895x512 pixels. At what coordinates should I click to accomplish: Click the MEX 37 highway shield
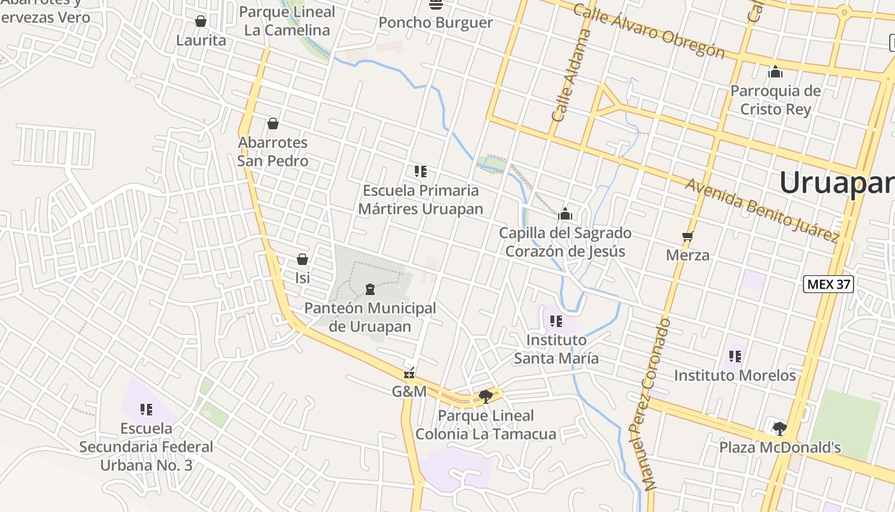829,284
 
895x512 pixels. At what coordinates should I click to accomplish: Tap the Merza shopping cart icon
688,237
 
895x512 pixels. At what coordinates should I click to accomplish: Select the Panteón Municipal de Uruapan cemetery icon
370,290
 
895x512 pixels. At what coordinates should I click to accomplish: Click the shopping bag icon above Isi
302,259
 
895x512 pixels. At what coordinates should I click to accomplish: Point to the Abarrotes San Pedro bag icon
273,124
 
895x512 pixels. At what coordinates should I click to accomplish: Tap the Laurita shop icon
201,22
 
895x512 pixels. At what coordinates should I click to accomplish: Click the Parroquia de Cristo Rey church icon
775,72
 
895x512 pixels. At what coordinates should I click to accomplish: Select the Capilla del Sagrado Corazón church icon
564,214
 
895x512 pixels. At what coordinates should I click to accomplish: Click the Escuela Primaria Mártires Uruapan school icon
420,171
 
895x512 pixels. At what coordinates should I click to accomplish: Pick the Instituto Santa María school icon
556,321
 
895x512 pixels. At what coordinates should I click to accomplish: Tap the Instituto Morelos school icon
735,356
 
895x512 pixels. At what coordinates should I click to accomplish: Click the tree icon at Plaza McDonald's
779,428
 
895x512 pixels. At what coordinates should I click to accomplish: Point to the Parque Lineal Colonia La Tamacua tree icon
486,396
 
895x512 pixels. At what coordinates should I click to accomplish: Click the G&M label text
409,390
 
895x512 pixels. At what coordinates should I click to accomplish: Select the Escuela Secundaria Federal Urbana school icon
146,408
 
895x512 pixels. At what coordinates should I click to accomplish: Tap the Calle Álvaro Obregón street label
648,31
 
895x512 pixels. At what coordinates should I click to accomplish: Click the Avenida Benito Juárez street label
761,210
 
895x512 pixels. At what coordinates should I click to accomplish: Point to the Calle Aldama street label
570,76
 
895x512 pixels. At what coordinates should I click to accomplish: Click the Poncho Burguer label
435,23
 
